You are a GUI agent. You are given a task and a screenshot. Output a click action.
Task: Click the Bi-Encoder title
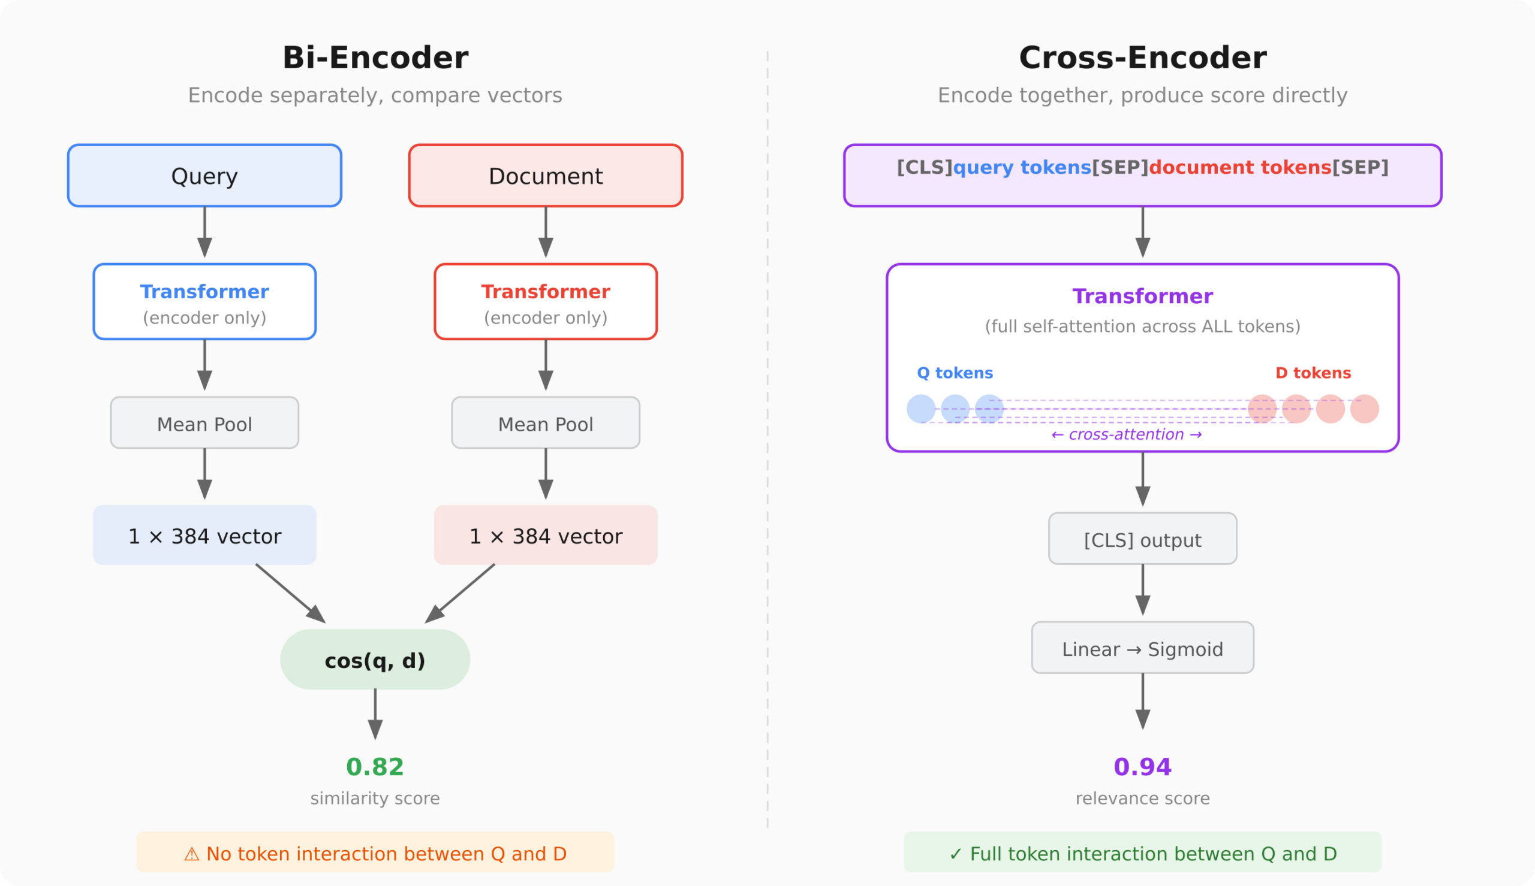pyautogui.click(x=375, y=59)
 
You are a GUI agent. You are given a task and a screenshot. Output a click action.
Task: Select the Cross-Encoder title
pyautogui.click(x=1142, y=59)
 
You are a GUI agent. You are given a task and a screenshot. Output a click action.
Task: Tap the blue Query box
pyautogui.click(x=204, y=176)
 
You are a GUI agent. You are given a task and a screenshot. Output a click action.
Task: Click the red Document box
pyautogui.click(x=546, y=176)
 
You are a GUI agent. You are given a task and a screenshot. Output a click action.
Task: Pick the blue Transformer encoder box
pyautogui.click(x=204, y=302)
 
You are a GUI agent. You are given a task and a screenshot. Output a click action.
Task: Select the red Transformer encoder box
pyautogui.click(x=546, y=302)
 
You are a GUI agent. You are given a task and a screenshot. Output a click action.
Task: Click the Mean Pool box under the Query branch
pyautogui.click(x=204, y=424)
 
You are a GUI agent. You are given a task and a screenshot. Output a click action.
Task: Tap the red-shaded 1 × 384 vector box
pyautogui.click(x=546, y=536)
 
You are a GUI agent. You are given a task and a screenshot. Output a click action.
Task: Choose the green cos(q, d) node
pyautogui.click(x=375, y=660)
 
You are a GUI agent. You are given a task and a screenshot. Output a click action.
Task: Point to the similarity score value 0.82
pyautogui.click(x=375, y=767)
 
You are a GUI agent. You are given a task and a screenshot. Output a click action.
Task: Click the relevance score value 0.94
pyautogui.click(x=1142, y=767)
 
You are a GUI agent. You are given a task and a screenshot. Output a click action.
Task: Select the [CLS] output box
pyautogui.click(x=1142, y=539)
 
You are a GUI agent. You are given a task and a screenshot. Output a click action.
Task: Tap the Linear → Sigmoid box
pyautogui.click(x=1142, y=649)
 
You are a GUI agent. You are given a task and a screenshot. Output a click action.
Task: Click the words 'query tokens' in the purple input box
pyautogui.click(x=1022, y=167)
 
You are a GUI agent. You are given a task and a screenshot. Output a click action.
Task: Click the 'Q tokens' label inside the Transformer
pyautogui.click(x=955, y=373)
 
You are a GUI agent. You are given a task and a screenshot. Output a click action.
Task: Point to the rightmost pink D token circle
pyautogui.click(x=1365, y=409)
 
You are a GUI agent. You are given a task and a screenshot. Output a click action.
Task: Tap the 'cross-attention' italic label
pyautogui.click(x=1127, y=434)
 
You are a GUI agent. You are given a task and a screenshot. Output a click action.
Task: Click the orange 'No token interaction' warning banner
pyautogui.click(x=375, y=853)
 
